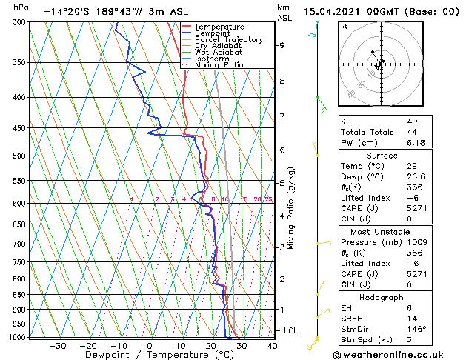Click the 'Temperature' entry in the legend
pos(219,27)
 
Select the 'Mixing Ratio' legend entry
pos(219,65)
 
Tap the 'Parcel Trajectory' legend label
pos(228,40)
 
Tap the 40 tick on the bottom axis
pos(272,345)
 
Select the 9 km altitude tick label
pos(282,45)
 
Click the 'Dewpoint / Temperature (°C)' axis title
pos(150,356)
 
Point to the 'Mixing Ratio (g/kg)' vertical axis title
pos(292,208)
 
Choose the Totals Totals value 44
pos(412,132)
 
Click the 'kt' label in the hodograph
pos(344,27)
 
